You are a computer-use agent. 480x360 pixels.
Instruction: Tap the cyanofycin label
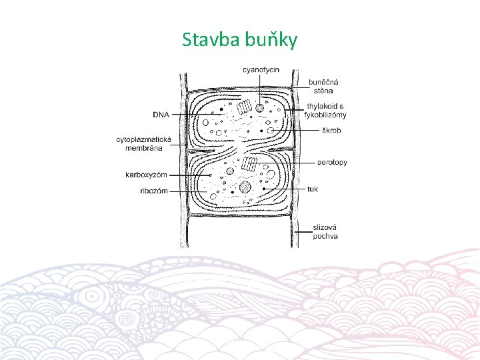click(x=261, y=69)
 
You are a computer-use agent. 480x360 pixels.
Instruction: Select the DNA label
click(x=161, y=115)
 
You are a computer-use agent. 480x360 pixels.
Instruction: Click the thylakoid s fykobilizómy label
click(x=326, y=110)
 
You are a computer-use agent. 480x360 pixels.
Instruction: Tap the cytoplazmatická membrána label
click(x=143, y=143)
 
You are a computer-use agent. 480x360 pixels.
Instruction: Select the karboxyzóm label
click(x=146, y=175)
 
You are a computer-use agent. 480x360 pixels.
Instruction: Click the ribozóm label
click(x=154, y=191)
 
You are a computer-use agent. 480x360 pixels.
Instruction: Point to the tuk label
click(x=313, y=189)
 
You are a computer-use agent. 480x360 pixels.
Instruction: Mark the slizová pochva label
click(x=325, y=231)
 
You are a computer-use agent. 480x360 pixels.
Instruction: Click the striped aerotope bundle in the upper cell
click(x=247, y=107)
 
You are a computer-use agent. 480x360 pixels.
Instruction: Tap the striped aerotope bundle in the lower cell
click(x=249, y=164)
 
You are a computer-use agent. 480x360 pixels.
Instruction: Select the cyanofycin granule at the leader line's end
click(x=259, y=107)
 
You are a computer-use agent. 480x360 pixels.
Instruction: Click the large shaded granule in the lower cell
click(x=245, y=187)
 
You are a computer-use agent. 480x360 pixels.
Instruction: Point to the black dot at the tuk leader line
click(x=265, y=189)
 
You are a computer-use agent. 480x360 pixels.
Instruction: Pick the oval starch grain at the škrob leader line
click(x=271, y=130)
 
